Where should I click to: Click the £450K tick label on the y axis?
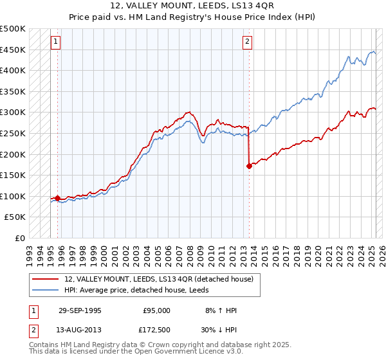click(12, 50)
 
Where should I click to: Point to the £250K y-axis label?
click(12, 133)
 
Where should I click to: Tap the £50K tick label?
click(15, 217)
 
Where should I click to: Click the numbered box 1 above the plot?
click(56, 42)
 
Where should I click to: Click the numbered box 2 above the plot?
click(248, 42)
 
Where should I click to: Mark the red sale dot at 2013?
click(249, 166)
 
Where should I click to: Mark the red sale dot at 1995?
click(58, 199)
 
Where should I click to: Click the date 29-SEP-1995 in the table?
click(80, 310)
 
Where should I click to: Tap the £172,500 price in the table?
click(156, 330)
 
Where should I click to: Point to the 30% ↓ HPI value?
click(219, 330)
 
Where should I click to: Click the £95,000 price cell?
click(156, 310)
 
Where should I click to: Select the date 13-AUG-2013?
click(80, 330)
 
